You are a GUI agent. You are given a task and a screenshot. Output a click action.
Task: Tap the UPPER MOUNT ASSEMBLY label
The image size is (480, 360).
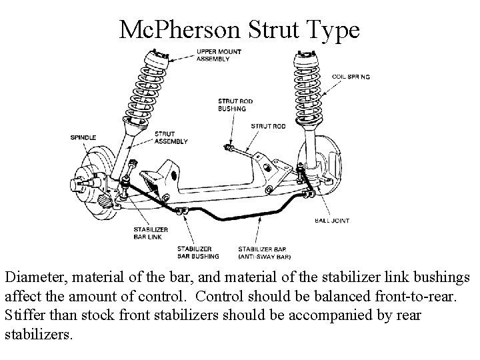point(219,55)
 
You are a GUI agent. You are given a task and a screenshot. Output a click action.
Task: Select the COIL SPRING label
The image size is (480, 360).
point(351,77)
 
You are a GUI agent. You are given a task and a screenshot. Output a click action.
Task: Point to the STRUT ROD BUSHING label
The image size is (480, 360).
point(232,105)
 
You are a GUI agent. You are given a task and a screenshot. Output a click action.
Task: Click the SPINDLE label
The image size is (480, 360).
point(83,138)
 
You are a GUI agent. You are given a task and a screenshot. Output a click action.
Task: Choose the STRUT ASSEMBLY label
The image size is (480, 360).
point(171,137)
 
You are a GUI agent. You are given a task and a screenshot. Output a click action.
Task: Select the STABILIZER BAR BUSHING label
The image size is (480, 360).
point(199,251)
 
